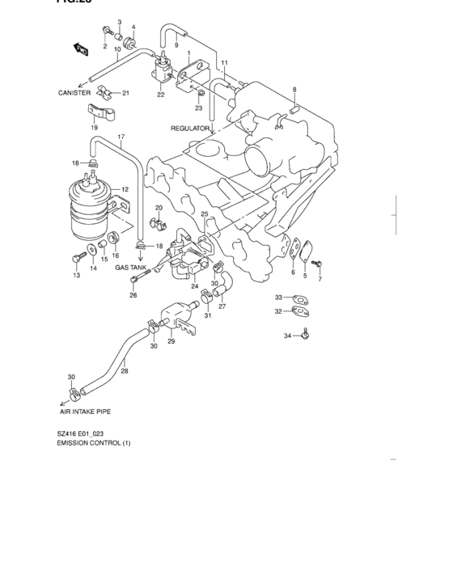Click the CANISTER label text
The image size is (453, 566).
(x=74, y=93)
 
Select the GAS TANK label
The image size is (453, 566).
(x=130, y=267)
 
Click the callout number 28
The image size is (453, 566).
(x=125, y=372)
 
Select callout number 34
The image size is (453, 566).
(x=286, y=336)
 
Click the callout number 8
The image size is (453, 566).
(x=294, y=90)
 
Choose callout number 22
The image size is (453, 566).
(x=161, y=95)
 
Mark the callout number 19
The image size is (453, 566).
(x=95, y=127)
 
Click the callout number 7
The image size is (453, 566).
(x=320, y=279)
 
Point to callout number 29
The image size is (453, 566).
(x=171, y=342)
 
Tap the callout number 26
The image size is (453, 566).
(x=133, y=295)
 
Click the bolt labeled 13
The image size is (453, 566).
(x=75, y=259)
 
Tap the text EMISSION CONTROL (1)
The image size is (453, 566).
(x=93, y=444)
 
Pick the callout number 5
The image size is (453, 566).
(x=305, y=276)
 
